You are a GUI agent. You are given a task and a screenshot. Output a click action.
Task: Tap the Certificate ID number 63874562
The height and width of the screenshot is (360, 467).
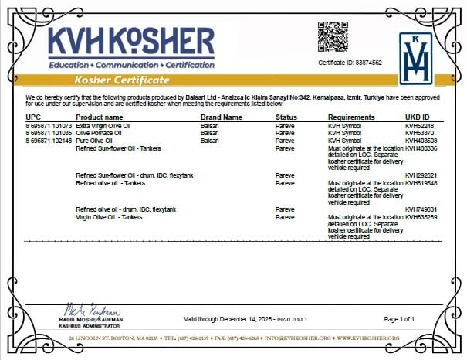[x=350, y=63]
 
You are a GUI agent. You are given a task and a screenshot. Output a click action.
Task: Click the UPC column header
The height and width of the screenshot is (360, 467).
[x=32, y=117]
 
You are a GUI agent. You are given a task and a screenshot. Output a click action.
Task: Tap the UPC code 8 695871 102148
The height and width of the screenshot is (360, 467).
[x=49, y=141]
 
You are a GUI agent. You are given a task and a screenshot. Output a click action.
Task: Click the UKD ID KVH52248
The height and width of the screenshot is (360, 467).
[x=419, y=125]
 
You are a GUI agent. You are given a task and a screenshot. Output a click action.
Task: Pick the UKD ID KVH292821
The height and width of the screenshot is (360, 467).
[x=421, y=175]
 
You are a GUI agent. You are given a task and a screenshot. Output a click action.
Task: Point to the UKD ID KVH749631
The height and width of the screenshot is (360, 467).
[x=421, y=209]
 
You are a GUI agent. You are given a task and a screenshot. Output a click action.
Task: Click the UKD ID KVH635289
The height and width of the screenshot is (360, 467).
[x=421, y=217]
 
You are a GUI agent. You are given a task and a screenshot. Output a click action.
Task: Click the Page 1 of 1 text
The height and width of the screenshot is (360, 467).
[x=399, y=319]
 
